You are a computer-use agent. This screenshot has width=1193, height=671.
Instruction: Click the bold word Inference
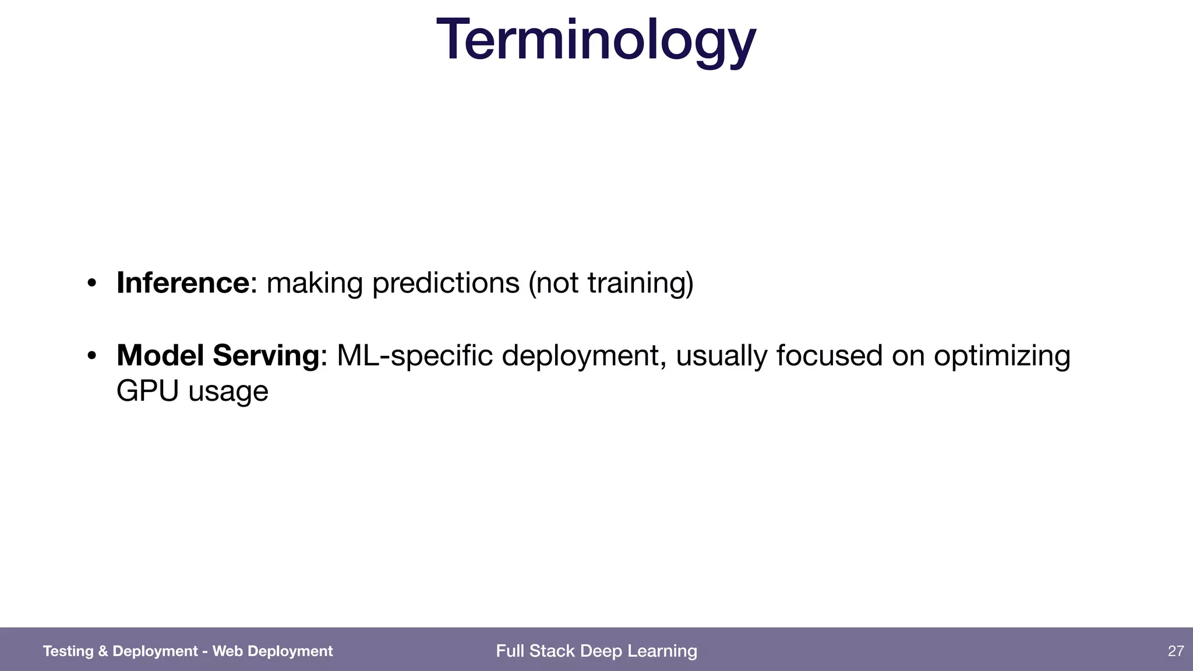tap(183, 283)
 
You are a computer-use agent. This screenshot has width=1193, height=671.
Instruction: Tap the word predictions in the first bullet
tap(446, 283)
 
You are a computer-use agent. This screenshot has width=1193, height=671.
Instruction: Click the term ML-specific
tap(415, 355)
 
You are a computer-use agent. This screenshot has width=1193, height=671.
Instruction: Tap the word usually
tap(721, 355)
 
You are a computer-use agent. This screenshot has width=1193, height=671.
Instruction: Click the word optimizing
tap(1002, 355)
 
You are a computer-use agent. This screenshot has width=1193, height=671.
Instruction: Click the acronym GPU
tap(147, 391)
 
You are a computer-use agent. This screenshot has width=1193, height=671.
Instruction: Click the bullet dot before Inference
tap(91, 284)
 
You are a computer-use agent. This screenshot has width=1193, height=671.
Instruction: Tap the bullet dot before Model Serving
tap(91, 356)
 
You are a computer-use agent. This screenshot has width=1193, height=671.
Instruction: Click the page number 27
tap(1176, 651)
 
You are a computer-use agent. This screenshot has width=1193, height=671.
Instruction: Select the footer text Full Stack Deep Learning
tap(596, 651)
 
